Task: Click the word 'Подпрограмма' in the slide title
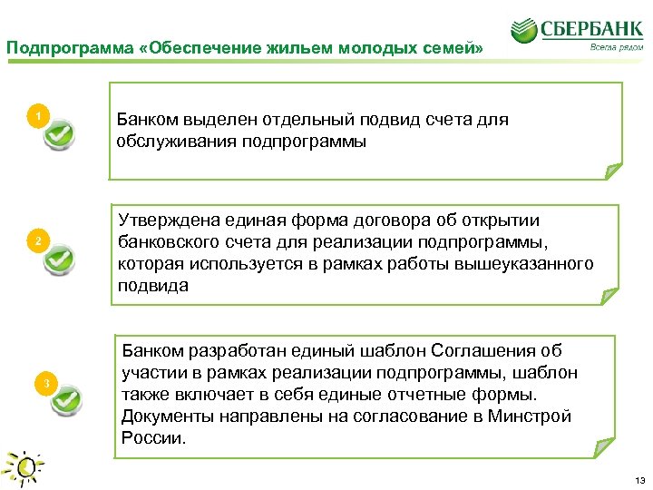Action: tap(54, 47)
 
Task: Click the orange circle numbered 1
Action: tap(37, 117)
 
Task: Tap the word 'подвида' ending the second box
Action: tap(153, 286)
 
